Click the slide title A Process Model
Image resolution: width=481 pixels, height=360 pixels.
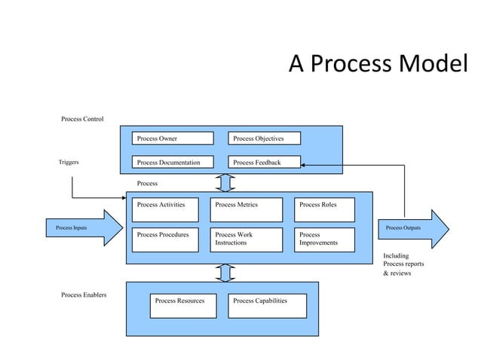click(x=378, y=66)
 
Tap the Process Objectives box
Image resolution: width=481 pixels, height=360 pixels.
click(x=265, y=139)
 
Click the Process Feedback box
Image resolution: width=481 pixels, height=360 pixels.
click(x=265, y=162)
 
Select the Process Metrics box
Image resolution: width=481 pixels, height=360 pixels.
click(x=247, y=210)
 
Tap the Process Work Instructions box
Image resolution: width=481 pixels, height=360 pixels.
click(x=247, y=240)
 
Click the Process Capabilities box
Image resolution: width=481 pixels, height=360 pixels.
click(x=268, y=306)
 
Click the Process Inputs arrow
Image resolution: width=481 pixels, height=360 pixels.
click(x=84, y=228)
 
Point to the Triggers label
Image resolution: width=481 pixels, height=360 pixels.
click(x=69, y=162)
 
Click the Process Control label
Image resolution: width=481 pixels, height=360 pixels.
click(x=82, y=119)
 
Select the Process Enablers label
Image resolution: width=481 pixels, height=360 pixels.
click(x=84, y=294)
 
